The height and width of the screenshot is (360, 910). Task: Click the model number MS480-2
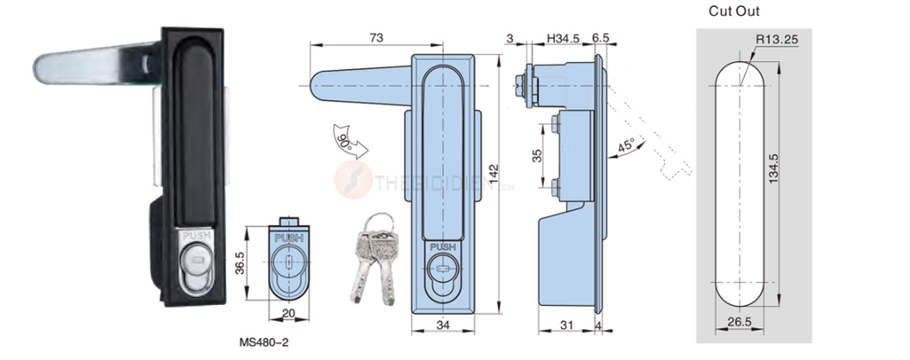265,340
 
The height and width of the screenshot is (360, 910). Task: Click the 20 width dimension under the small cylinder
289,314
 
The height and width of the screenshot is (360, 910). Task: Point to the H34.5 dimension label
563,37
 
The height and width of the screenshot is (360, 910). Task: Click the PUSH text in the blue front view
442,247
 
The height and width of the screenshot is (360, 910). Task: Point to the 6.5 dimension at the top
600,37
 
